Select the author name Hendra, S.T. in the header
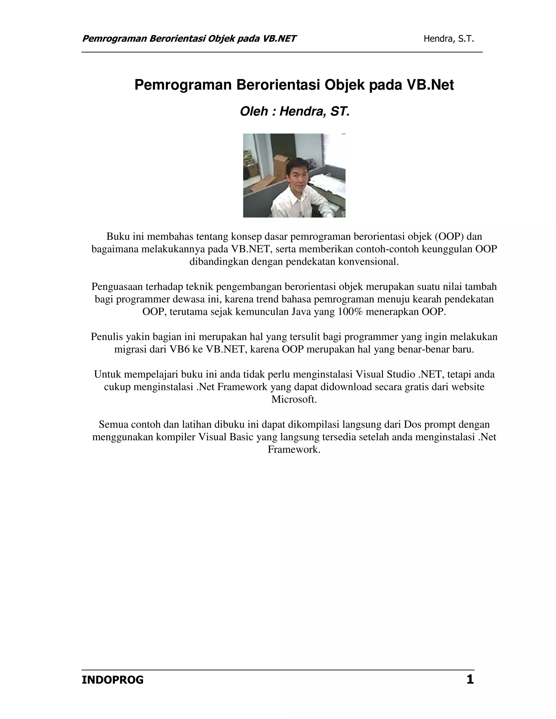448,39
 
